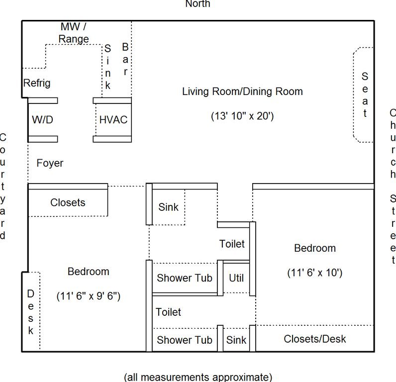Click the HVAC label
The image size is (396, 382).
pyautogui.click(x=113, y=120)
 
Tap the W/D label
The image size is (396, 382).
pyautogui.click(x=43, y=120)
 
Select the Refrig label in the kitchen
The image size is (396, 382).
pyautogui.click(x=37, y=83)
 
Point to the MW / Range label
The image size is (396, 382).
pyautogui.click(x=74, y=32)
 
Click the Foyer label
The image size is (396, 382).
pyautogui.click(x=50, y=163)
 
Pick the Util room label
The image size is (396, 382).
pyautogui.click(x=236, y=278)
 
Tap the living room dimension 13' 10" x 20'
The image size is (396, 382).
pyautogui.click(x=242, y=116)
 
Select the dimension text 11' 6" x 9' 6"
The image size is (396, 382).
pyautogui.click(x=88, y=296)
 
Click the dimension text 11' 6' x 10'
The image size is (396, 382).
pyautogui.click(x=315, y=273)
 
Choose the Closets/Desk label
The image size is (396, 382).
pyautogui.click(x=314, y=339)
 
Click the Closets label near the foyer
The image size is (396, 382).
pyautogui.click(x=68, y=203)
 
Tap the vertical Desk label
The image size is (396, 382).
pyautogui.click(x=30, y=312)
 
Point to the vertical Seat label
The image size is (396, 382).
pyautogui.click(x=365, y=95)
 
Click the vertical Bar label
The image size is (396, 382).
pyautogui.click(x=125, y=59)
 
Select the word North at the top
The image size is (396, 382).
pyautogui.click(x=198, y=4)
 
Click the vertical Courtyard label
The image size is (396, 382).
pyautogui.click(x=3, y=186)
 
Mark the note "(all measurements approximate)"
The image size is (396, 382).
pyautogui.click(x=198, y=377)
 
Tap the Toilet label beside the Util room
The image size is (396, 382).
pyautogui.click(x=232, y=244)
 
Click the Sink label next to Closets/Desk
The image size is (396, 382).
pyautogui.click(x=236, y=340)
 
